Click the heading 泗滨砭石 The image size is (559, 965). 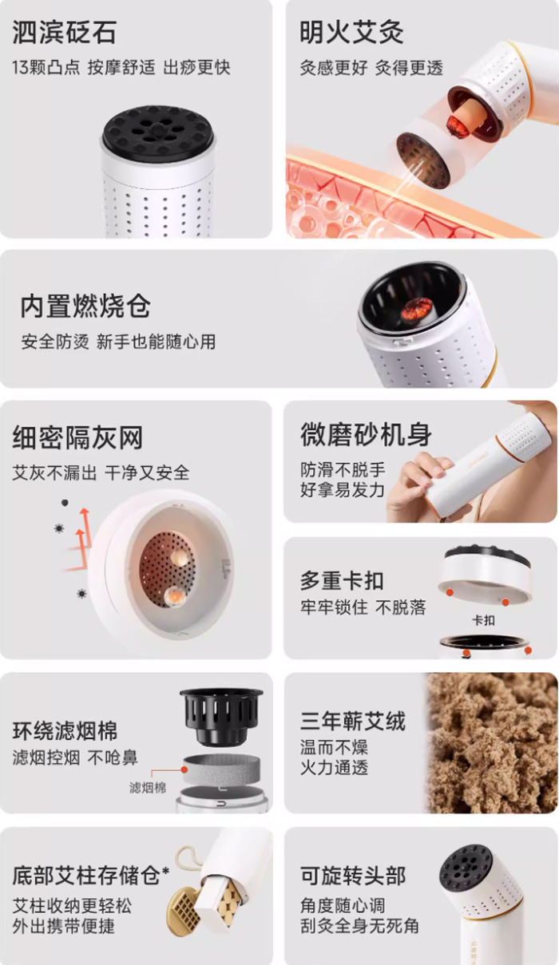64,33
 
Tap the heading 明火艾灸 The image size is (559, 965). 351,33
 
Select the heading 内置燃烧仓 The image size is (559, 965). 85,307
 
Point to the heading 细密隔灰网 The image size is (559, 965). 77,437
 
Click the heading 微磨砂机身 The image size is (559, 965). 366,435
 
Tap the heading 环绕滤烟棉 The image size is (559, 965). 65,730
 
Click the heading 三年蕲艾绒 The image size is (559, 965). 353,721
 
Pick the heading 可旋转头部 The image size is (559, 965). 353,875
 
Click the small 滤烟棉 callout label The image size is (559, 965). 148,788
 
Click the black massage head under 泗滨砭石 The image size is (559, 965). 159,132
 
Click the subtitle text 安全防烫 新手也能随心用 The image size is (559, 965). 118,342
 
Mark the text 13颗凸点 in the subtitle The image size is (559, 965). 46,68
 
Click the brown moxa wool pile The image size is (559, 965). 492,742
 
